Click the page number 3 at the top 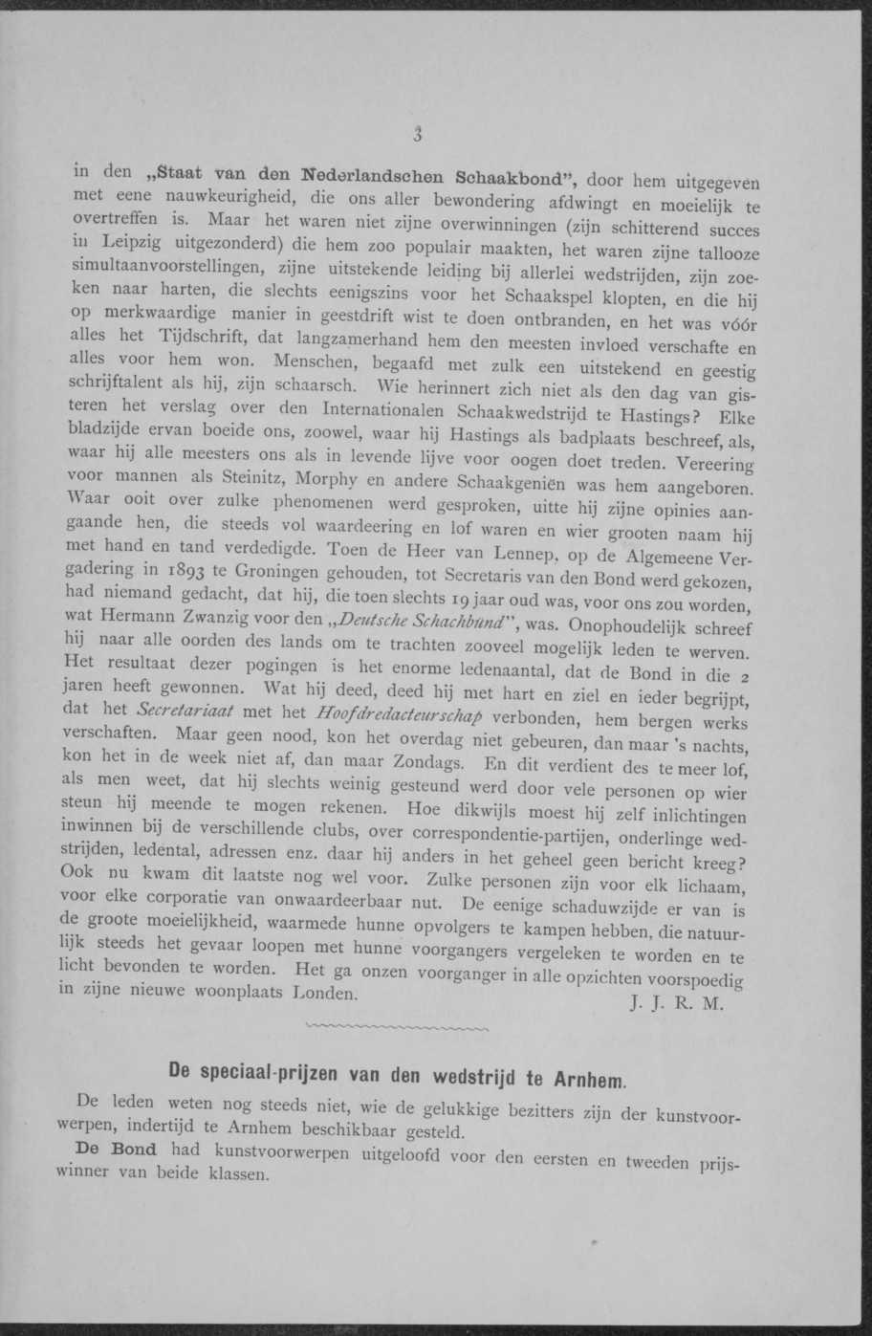point(418,135)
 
